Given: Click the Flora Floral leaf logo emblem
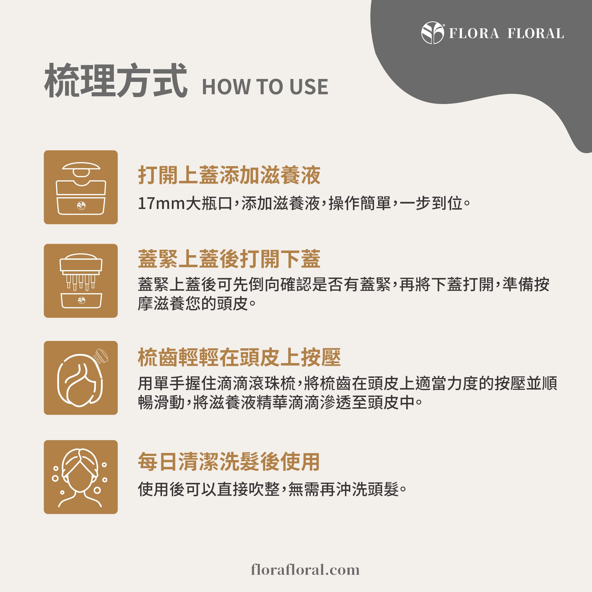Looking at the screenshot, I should point(432,33).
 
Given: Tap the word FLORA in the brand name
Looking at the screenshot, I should point(474,34).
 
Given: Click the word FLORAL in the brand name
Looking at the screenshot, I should point(535,34).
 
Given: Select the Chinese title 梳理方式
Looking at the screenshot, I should point(116,81).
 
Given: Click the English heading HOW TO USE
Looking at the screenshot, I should point(265,87).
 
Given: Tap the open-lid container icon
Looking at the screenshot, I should point(81,187).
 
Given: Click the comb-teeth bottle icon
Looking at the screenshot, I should point(81,281).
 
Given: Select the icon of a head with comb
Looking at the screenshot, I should point(81,378).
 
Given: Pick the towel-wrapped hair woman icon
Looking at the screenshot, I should point(81,477).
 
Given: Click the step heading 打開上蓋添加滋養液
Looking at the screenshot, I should point(229,175).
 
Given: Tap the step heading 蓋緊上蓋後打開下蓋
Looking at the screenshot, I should point(229,259).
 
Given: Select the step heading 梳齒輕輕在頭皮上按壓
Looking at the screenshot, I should point(239,357).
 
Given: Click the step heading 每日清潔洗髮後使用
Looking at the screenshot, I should point(229,461).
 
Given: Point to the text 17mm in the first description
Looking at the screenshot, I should point(161,204).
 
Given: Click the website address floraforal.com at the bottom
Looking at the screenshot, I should point(305,570).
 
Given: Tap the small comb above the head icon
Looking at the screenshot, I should point(101,356).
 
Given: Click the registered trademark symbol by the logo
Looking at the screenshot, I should point(444,25).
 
